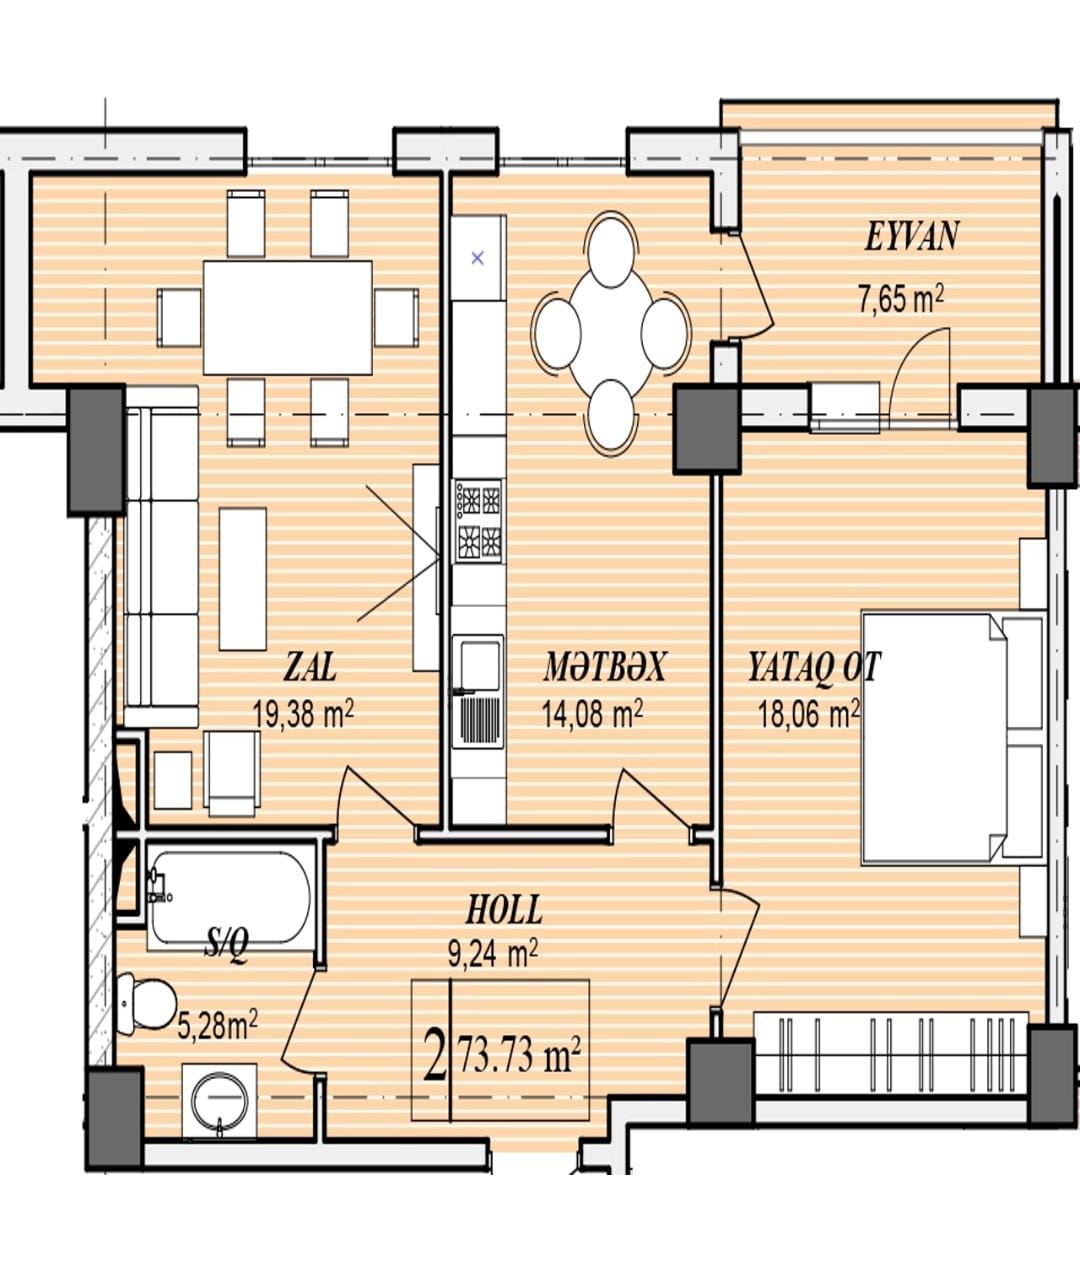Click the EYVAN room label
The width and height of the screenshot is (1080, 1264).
click(x=911, y=236)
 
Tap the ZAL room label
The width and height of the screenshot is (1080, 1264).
click(x=310, y=667)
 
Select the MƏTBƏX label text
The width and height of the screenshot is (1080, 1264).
click(x=604, y=667)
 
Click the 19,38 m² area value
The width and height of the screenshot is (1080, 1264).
click(x=303, y=713)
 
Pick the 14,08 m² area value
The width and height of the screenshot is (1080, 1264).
click(x=593, y=713)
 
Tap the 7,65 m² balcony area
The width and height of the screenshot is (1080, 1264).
click(x=901, y=300)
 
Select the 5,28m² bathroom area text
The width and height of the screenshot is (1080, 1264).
click(x=217, y=1026)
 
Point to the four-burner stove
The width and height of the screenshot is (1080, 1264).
click(x=479, y=521)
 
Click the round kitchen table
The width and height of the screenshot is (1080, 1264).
click(x=612, y=334)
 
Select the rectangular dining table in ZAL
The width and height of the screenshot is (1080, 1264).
click(x=287, y=317)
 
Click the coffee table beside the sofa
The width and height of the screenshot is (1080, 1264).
click(x=243, y=578)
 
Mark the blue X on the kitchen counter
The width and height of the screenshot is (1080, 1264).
click(x=478, y=258)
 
